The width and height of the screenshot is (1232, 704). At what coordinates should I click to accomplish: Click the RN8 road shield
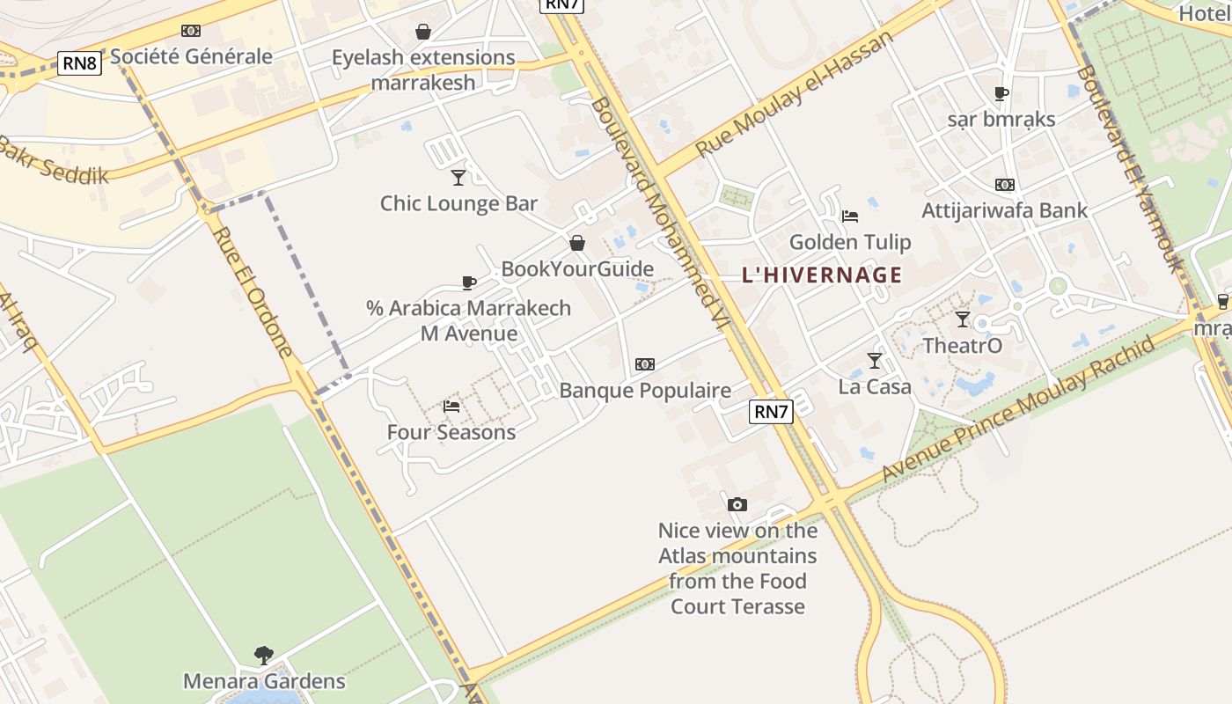80,62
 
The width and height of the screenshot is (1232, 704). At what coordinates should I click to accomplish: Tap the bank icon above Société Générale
191,31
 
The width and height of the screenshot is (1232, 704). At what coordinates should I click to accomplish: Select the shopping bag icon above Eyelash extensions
423,32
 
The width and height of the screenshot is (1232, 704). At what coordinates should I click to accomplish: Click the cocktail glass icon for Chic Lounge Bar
458,178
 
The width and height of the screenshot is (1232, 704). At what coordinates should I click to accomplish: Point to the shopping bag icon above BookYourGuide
577,243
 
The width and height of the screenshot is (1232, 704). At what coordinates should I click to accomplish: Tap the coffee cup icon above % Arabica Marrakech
469,282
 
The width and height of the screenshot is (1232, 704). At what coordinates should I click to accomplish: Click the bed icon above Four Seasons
451,407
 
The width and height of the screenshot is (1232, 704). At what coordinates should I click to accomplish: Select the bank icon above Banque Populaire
645,364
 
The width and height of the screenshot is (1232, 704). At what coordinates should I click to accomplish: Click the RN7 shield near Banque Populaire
771,411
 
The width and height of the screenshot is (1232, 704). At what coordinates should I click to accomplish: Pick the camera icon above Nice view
737,504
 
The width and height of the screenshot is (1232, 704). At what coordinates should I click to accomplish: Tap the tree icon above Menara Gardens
263,655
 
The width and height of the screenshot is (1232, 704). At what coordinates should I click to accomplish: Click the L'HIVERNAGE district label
822,275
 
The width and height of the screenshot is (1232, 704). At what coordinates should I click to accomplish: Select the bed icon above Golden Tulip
849,216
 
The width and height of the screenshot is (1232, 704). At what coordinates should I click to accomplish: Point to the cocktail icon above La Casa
874,361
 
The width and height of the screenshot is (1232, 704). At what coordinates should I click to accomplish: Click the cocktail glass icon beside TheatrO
963,319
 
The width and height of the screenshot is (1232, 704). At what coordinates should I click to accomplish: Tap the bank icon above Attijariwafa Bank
1004,185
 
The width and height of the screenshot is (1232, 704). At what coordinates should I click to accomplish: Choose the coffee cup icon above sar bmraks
1001,93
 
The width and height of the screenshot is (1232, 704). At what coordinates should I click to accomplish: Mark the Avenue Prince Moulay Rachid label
1017,409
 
